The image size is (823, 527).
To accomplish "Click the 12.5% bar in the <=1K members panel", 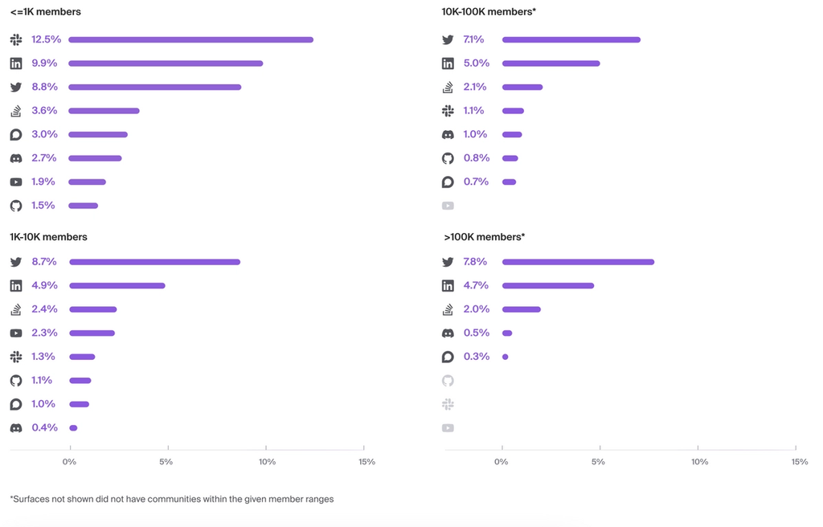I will (190, 39).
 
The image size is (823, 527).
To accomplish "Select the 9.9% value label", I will (44, 63).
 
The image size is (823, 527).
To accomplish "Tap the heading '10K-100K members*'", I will (488, 12).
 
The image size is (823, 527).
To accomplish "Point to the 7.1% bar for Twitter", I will (571, 39).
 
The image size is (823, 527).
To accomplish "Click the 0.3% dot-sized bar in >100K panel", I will (505, 357).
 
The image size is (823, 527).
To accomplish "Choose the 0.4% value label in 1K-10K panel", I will (44, 427).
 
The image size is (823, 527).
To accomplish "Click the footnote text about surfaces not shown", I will (171, 499).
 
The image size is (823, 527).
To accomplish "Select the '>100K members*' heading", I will (484, 237).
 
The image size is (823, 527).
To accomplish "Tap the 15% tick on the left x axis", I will (366, 462).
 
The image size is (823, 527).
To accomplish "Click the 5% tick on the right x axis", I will (598, 462).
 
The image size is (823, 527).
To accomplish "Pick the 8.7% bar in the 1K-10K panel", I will (154, 262).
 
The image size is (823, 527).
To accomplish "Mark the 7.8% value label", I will (476, 262).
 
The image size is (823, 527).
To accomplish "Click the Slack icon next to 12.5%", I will (16, 39).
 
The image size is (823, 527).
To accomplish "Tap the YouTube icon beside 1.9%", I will (16, 182).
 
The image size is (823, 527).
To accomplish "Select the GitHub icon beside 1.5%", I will (16, 206).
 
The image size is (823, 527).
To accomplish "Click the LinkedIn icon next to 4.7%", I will (448, 285).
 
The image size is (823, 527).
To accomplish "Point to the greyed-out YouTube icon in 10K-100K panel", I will (448, 206).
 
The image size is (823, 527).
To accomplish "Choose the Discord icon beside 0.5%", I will (448, 333).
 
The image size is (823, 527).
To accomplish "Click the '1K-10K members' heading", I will (48, 237).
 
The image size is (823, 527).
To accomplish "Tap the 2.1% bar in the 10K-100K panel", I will (522, 87).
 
